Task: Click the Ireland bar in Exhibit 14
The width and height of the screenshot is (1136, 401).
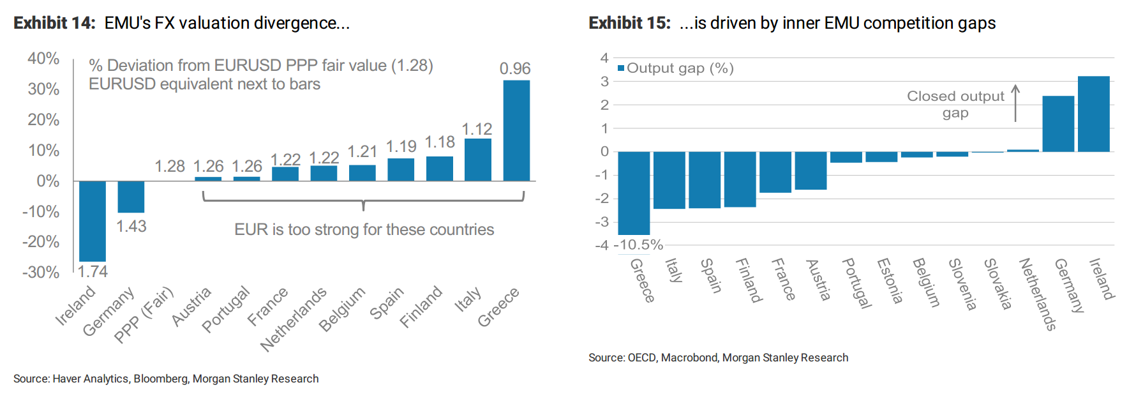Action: [x=93, y=220]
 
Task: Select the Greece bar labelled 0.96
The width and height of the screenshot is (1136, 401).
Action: [x=516, y=130]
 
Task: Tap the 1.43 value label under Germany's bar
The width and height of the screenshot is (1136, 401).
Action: [x=131, y=227]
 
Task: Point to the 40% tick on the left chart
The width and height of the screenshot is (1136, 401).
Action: [x=43, y=59]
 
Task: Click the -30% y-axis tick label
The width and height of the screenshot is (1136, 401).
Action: [x=41, y=273]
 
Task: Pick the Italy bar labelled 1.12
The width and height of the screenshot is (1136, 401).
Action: [x=478, y=160]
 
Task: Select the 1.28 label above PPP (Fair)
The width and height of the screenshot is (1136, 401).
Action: [x=170, y=167]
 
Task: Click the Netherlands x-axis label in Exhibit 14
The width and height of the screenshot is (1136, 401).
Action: [x=294, y=319]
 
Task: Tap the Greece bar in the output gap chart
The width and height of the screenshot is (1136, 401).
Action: [x=634, y=193]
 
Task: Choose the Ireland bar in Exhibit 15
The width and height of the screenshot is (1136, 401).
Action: [x=1093, y=114]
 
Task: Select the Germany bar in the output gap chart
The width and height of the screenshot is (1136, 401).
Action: [x=1058, y=124]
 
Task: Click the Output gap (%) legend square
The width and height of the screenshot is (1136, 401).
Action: [x=621, y=68]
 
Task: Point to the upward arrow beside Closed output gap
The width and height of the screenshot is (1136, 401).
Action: [x=1015, y=103]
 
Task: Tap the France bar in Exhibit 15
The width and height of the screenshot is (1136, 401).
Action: [x=775, y=172]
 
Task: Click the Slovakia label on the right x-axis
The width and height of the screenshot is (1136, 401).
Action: [x=998, y=284]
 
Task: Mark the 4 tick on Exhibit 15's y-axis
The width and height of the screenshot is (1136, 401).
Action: [x=604, y=58]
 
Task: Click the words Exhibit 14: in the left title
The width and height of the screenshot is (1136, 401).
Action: [x=55, y=24]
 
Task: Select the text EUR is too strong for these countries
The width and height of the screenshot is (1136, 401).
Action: [x=364, y=230]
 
